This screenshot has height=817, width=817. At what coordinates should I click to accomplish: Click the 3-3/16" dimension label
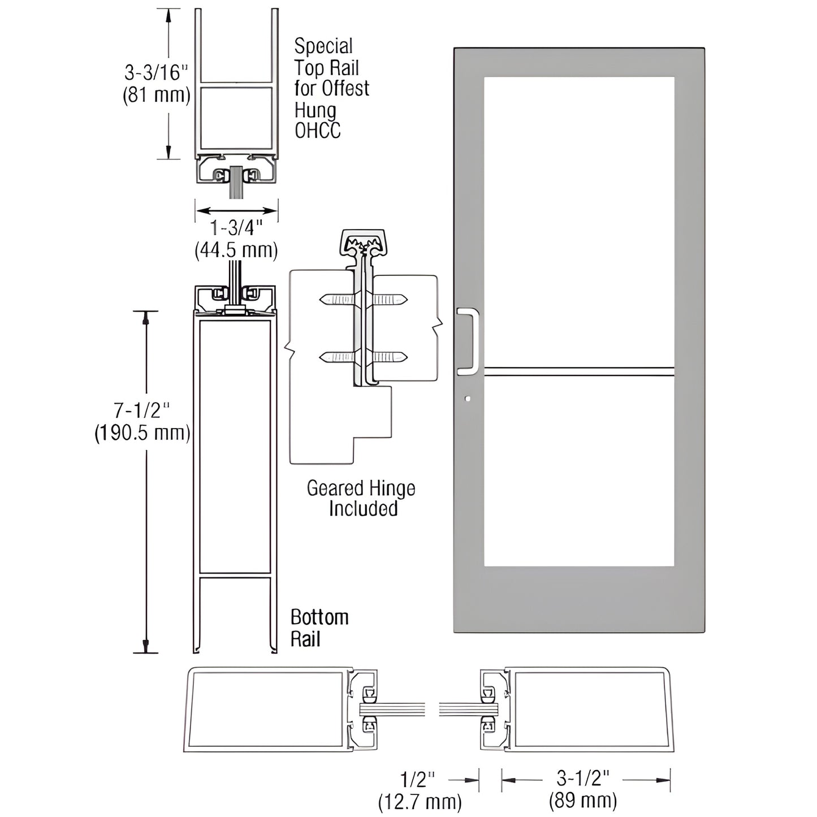[x=155, y=73]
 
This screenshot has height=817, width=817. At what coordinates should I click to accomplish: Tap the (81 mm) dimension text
[x=157, y=95]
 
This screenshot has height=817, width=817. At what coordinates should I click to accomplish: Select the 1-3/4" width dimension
[x=236, y=228]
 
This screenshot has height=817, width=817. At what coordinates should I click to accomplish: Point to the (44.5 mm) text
[x=236, y=250]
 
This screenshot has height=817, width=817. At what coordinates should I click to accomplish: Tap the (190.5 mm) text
[x=142, y=433]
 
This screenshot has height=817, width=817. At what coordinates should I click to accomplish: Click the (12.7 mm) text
[x=420, y=801]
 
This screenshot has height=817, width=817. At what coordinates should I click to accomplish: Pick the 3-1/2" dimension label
[x=583, y=779]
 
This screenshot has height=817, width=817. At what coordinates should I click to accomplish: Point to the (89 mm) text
[x=583, y=801]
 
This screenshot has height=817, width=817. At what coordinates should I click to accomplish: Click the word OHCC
[x=318, y=131]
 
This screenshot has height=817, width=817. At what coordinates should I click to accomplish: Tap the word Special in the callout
[x=323, y=46]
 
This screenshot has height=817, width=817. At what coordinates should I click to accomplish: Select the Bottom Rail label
[x=319, y=628]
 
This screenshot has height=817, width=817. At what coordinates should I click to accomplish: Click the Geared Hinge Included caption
[x=361, y=498]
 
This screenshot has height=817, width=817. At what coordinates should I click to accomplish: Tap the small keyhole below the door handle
[x=467, y=399]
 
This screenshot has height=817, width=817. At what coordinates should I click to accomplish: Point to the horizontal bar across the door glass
[x=579, y=371]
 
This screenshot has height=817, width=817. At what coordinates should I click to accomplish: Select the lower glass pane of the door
[x=579, y=472]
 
